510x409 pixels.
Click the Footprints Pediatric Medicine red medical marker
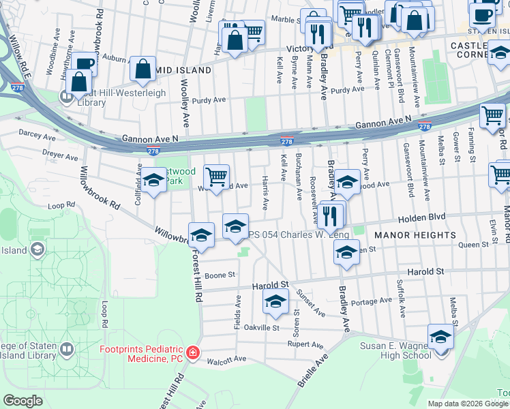click(x=194, y=352)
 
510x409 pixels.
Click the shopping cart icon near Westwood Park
click(x=216, y=177)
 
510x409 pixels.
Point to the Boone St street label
click(x=220, y=275)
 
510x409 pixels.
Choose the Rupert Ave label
click(x=305, y=345)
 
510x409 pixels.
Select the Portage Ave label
click(x=372, y=301)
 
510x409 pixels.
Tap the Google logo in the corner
click(x=23, y=401)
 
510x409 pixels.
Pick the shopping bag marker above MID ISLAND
click(x=144, y=68)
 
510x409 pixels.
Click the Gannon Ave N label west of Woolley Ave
click(x=150, y=138)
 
